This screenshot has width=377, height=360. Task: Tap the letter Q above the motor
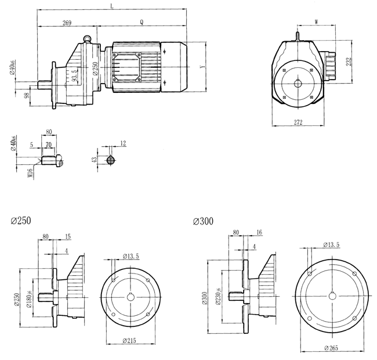(x=142, y=23)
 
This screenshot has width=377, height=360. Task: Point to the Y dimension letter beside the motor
(x=201, y=67)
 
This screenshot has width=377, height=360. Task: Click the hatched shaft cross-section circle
(x=112, y=159)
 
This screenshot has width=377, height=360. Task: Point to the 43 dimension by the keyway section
(x=95, y=159)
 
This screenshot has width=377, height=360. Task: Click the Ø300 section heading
(x=203, y=222)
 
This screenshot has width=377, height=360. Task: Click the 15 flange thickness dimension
(x=68, y=236)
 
